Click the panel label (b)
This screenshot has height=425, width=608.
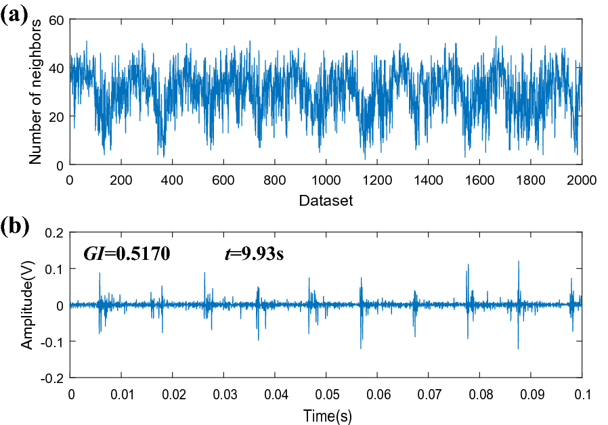(15, 227)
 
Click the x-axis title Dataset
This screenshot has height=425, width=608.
(326, 200)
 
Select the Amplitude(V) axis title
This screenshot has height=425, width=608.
(27, 305)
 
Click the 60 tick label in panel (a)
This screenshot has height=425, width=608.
(56, 20)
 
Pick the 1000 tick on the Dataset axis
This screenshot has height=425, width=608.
(326, 181)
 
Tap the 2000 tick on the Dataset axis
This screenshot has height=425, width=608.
(582, 181)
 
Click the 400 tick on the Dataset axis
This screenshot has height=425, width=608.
(172, 181)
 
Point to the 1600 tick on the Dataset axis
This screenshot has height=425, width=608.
(479, 181)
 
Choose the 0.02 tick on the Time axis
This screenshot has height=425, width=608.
(173, 395)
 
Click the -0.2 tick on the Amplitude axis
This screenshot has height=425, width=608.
(51, 378)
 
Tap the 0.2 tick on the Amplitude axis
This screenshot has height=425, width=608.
(53, 232)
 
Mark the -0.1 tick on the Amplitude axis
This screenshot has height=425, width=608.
(51, 342)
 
